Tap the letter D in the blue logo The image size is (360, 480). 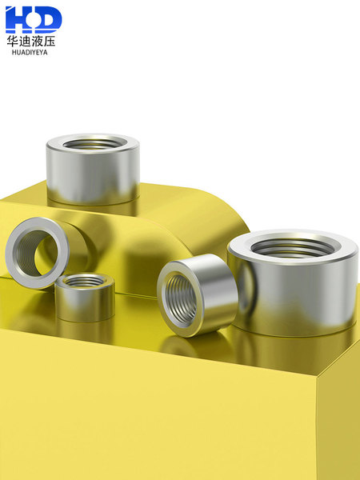(x=49, y=19)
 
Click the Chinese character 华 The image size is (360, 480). (x=13, y=41)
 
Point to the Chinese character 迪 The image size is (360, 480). (x=25, y=41)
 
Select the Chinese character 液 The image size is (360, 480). (x=37, y=41)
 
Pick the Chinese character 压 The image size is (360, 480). (x=50, y=41)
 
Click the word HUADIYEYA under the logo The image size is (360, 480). (x=30, y=52)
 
